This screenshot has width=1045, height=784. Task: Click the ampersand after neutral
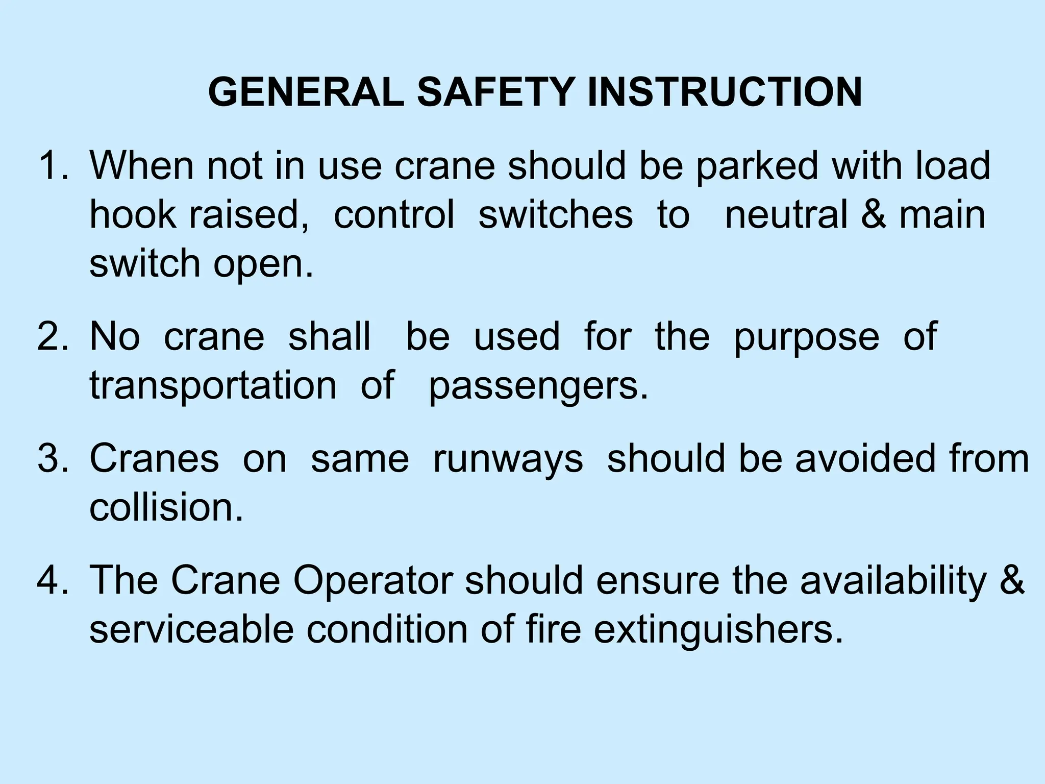click(x=873, y=214)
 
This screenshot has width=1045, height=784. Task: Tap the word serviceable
click(x=191, y=629)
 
